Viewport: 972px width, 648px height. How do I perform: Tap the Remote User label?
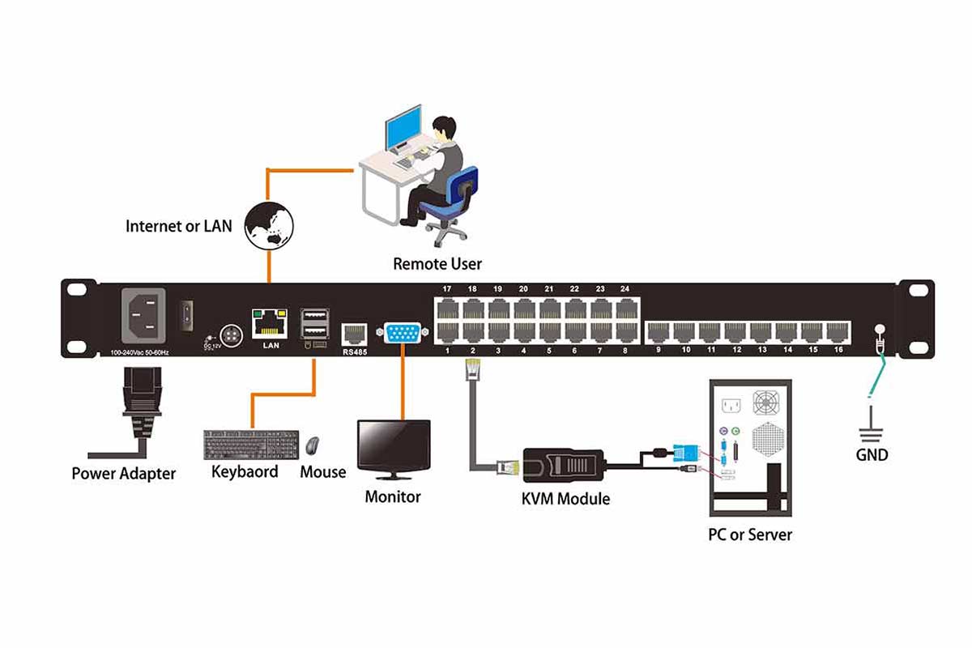(437, 264)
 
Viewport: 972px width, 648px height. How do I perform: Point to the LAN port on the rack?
(270, 323)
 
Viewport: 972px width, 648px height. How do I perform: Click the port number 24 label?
(625, 289)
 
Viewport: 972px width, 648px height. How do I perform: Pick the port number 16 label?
(838, 350)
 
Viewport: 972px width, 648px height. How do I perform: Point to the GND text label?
(872, 455)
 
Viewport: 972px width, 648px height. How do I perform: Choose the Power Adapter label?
(123, 474)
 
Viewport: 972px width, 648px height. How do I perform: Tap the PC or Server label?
(749, 535)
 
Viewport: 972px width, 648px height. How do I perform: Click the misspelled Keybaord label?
(245, 471)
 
